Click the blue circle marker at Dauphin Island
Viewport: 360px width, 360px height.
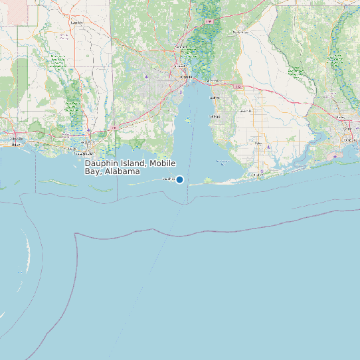pyautogui.click(x=179, y=179)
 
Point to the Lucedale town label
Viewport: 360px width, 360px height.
pyautogui.click(x=76, y=22)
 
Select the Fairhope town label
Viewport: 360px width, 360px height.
pyautogui.click(x=215, y=117)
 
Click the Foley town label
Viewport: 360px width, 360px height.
pyautogui.click(x=258, y=144)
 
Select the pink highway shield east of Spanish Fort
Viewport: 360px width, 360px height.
pyautogui.click(x=238, y=86)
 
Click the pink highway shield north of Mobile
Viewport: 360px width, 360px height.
pyautogui.click(x=209, y=22)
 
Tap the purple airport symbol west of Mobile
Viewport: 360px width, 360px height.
pyautogui.click(x=147, y=76)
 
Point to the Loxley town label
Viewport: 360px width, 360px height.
pyautogui.click(x=245, y=111)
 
